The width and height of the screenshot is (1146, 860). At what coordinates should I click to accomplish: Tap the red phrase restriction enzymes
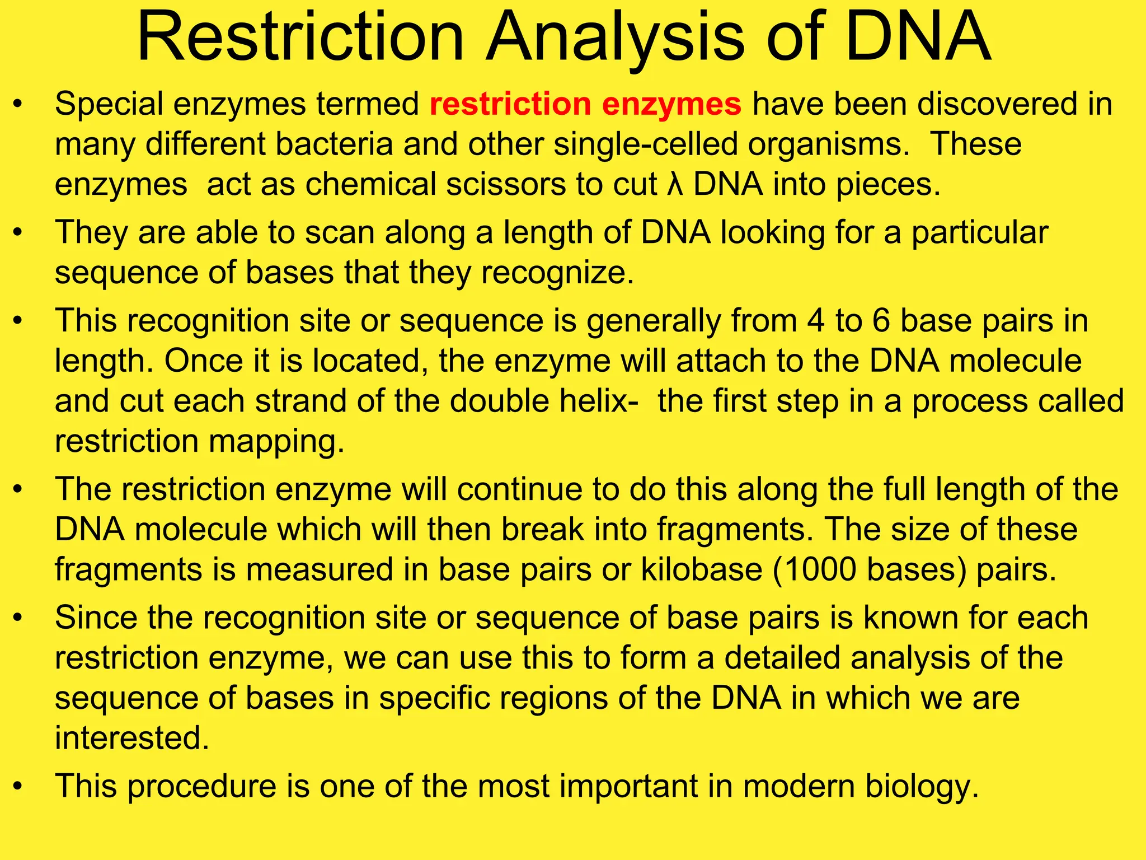[585, 105]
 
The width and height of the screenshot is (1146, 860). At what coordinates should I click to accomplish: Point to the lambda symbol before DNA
[675, 185]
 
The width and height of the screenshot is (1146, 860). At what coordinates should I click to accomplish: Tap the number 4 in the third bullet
[816, 321]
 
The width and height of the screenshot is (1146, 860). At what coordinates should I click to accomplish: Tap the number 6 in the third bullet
[881, 321]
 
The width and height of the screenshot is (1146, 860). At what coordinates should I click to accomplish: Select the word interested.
[132, 738]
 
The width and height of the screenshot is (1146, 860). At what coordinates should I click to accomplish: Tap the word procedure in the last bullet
[202, 786]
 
